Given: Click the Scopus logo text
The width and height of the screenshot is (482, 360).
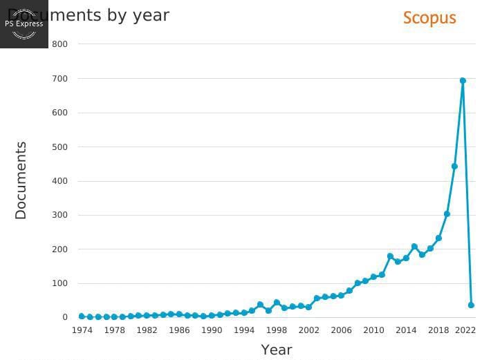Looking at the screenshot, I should pos(429,18).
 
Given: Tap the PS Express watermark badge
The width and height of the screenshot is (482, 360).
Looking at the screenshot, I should pos(24,23).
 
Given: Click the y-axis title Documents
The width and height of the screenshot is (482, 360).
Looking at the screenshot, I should pos(21,180).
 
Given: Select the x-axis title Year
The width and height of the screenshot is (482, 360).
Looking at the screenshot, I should pos(277,350).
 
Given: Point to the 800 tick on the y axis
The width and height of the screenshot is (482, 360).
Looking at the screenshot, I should pos(60,44).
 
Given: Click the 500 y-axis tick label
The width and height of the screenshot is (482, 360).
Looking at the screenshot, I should pos(60,146).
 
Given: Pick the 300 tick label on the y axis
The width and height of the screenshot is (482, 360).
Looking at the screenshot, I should pos(60,215).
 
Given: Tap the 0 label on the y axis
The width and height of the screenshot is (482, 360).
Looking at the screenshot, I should pos(65,317).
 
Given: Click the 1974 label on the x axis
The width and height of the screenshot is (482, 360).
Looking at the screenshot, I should pos(82,330).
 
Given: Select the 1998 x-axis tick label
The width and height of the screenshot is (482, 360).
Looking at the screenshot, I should pos(277,330).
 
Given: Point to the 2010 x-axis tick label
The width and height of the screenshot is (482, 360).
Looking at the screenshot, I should pos(373,330).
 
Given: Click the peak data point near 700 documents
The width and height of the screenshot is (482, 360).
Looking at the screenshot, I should pos(463,81).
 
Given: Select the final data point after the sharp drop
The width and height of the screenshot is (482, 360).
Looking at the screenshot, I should pos(471,305).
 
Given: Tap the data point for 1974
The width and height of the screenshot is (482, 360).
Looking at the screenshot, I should pos(82,316).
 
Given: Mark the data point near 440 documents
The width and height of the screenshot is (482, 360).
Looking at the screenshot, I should pos(454,167).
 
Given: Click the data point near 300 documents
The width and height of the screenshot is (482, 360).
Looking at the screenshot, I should pos(447,214).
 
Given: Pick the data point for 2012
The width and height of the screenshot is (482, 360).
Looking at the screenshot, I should pos(390,256).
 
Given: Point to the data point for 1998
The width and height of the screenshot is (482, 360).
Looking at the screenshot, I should pos(277,303).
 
